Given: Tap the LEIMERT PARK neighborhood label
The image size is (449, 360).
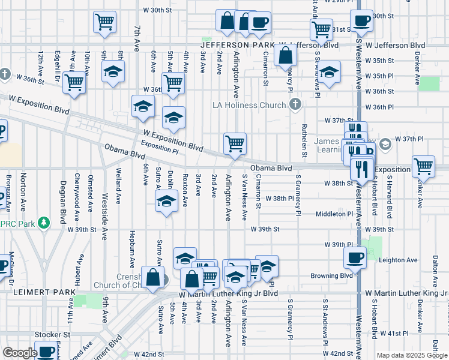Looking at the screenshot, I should pyautogui.click(x=37, y=292).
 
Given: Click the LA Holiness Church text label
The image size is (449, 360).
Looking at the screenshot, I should pyautogui.click(x=249, y=106).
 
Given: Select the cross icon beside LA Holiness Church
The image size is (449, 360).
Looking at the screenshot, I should pyautogui.click(x=294, y=105).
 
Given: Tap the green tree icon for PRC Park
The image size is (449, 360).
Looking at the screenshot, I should pyautogui.click(x=43, y=223).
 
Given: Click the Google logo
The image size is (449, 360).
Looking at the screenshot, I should pyautogui.click(x=20, y=353).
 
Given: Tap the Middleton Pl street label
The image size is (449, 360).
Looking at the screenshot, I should pyautogui.click(x=334, y=214).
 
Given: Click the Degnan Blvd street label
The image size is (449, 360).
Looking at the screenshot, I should pyautogui.click(x=62, y=199).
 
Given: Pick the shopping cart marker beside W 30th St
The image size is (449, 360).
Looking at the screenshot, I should pyautogui.click(x=104, y=22).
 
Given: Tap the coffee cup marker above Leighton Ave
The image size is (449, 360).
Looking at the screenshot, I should pyautogui.click(x=355, y=257).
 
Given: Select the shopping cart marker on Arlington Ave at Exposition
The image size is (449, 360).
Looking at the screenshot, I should pyautogui.click(x=235, y=143).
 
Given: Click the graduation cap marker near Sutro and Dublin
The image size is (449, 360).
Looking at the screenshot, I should pyautogui.click(x=166, y=201).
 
